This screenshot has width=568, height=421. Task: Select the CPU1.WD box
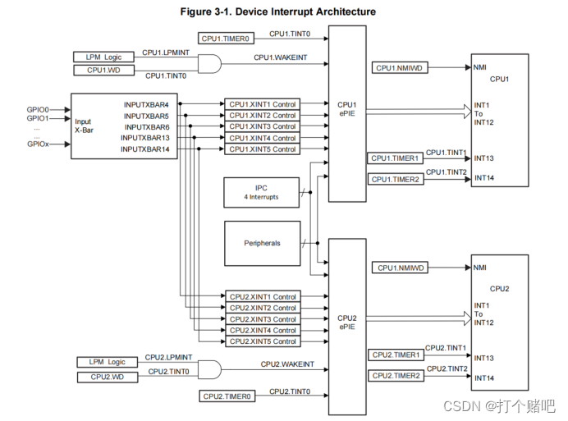[103, 71]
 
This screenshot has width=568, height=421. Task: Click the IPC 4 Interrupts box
[261, 193]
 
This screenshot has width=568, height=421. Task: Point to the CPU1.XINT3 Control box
[262, 127]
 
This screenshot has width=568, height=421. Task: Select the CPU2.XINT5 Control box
[262, 341]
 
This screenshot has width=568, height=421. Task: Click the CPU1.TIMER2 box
[395, 179]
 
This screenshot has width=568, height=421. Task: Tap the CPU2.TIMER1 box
[396, 355]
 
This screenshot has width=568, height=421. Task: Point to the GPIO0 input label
[38, 109]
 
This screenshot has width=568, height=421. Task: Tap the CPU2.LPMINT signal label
[167, 358]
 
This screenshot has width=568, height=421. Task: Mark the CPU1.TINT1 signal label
[446, 153]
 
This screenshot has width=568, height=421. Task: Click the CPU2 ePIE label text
[346, 323]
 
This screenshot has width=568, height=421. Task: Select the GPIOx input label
[38, 144]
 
